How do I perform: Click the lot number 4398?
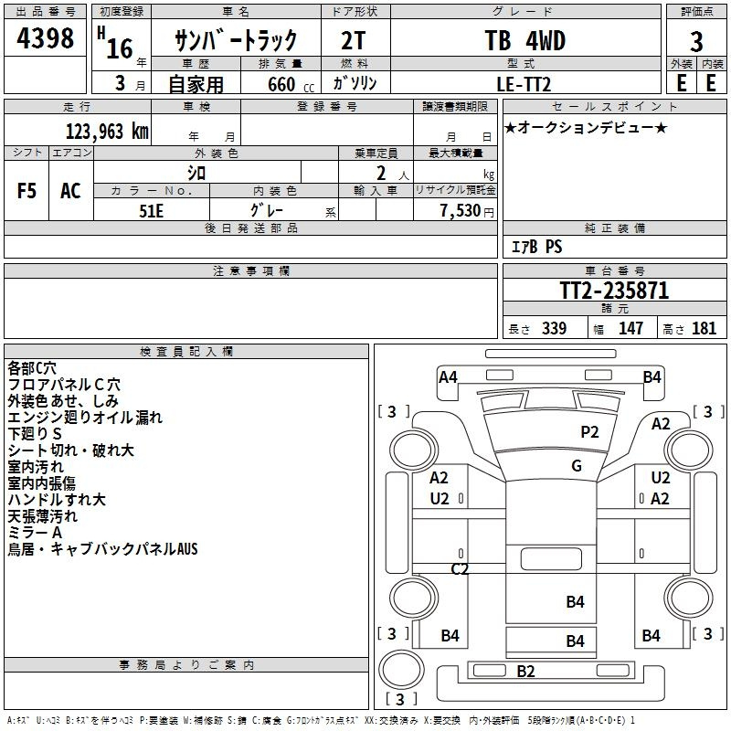tap(45, 37)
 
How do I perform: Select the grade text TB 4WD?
tap(524, 40)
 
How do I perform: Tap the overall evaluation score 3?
tap(696, 42)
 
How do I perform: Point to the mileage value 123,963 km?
tap(107, 132)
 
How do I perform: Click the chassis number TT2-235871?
tap(614, 291)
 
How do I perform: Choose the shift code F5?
tap(26, 191)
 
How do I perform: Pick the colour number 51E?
tap(151, 211)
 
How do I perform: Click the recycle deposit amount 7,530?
tap(461, 211)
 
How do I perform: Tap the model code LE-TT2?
tap(524, 84)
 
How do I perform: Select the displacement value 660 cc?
tap(291, 84)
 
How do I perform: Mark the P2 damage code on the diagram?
tap(589, 432)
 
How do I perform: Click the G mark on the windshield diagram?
tap(577, 466)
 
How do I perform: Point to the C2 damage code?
tap(460, 568)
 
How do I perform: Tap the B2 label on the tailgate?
tap(525, 672)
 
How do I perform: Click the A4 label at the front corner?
tap(448, 377)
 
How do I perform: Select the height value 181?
tap(704, 328)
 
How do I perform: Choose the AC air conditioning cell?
tap(71, 191)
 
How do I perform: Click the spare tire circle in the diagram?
tap(401, 669)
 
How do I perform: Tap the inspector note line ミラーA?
tap(35, 533)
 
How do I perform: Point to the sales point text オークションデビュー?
tap(586, 127)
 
